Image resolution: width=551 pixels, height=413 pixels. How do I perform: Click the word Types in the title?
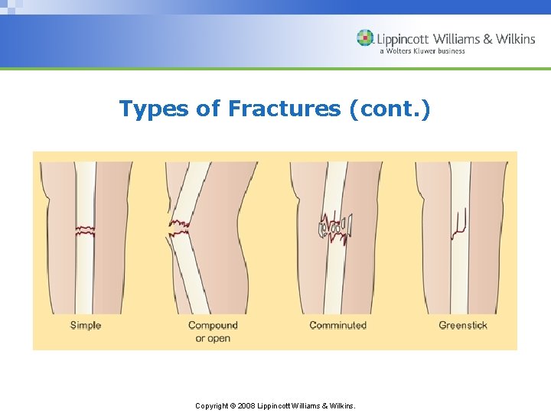coord(154,109)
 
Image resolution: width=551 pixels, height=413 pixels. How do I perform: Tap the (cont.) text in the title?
coord(390,109)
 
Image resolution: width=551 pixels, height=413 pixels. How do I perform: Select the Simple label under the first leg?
coord(86,325)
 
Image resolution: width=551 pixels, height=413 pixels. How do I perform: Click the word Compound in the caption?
coord(213,325)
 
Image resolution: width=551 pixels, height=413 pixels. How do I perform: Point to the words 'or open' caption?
coord(213,338)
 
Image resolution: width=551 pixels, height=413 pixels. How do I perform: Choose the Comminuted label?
coord(337,325)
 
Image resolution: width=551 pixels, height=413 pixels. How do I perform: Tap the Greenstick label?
coord(463,325)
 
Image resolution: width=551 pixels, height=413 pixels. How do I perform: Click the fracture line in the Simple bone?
coord(85,229)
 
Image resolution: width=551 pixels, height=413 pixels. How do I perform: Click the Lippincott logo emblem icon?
coord(366,38)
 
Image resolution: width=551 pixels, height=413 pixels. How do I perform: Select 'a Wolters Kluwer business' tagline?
coord(422,51)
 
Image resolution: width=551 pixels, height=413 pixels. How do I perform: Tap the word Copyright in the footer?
coord(212,406)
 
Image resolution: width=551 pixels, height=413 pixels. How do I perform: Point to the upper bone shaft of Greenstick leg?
coord(460,184)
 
